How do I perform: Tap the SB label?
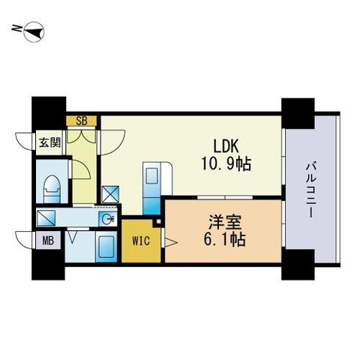click(82, 120)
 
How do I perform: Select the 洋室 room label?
click(222, 223)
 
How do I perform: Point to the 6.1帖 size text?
click(222, 241)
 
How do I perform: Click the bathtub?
click(106, 247)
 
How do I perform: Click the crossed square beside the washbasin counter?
click(45, 220)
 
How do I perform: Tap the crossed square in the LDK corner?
click(110, 193)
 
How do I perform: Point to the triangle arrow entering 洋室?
click(170, 241)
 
